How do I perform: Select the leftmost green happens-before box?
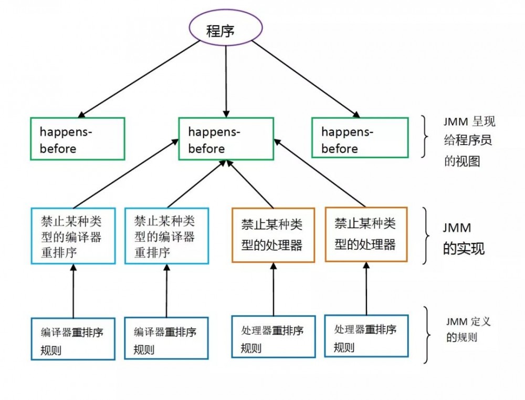pyautogui.click(x=78, y=138)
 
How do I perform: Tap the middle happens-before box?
pyautogui.click(x=226, y=139)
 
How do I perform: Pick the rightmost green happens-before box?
pyautogui.click(x=360, y=137)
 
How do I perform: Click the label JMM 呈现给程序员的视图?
pyautogui.click(x=469, y=142)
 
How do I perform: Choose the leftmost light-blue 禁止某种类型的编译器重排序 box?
pyautogui.click(x=73, y=235)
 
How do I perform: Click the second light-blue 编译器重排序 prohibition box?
pyautogui.click(x=166, y=235)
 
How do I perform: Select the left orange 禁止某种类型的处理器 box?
pyautogui.click(x=273, y=235)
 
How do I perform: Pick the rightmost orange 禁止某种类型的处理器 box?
pyautogui.click(x=366, y=234)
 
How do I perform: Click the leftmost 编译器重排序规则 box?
pyautogui.click(x=73, y=339)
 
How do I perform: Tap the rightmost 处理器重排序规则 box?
pyautogui.click(x=366, y=336)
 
